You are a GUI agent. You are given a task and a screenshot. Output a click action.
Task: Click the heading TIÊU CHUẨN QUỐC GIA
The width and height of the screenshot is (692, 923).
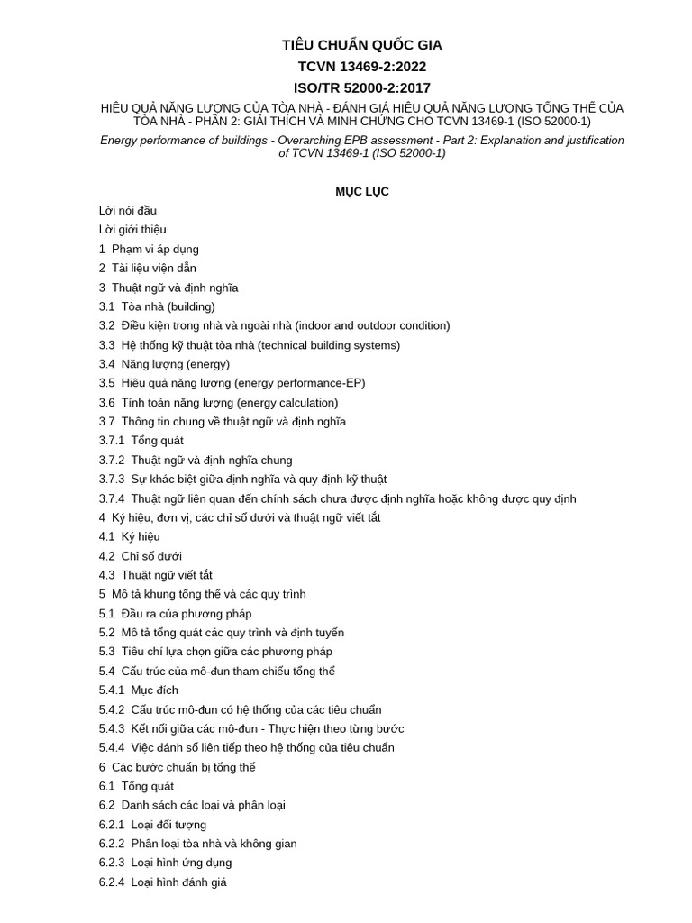pos(362,45)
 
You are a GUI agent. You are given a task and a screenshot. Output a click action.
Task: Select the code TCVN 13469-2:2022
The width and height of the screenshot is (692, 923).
pos(362,67)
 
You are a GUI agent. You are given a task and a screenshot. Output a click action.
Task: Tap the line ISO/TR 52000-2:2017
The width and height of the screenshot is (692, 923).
pos(362,87)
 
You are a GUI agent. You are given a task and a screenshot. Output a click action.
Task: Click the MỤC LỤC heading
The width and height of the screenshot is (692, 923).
pos(362,192)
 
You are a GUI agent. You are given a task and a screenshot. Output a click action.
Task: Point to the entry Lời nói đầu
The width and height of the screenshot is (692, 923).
pos(128,211)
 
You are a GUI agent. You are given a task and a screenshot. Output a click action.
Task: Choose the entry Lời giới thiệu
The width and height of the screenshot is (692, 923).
pos(132,230)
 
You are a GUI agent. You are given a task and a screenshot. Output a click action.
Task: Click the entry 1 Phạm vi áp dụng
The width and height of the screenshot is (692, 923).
pos(149,249)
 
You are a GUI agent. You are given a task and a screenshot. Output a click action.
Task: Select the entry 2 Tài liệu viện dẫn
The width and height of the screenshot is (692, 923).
pos(148,269)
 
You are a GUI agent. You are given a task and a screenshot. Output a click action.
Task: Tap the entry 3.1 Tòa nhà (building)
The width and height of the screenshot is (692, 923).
pos(157,306)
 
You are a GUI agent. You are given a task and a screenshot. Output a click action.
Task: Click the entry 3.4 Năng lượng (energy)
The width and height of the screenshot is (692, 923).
pos(164,364)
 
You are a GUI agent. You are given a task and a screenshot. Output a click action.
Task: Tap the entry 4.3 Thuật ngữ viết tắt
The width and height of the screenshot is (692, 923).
pos(156,575)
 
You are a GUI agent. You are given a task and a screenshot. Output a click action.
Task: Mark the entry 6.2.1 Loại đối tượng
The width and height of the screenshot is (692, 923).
pos(152,825)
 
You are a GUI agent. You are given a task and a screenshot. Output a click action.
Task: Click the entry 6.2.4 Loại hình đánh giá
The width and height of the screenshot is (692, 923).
pos(163,882)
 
